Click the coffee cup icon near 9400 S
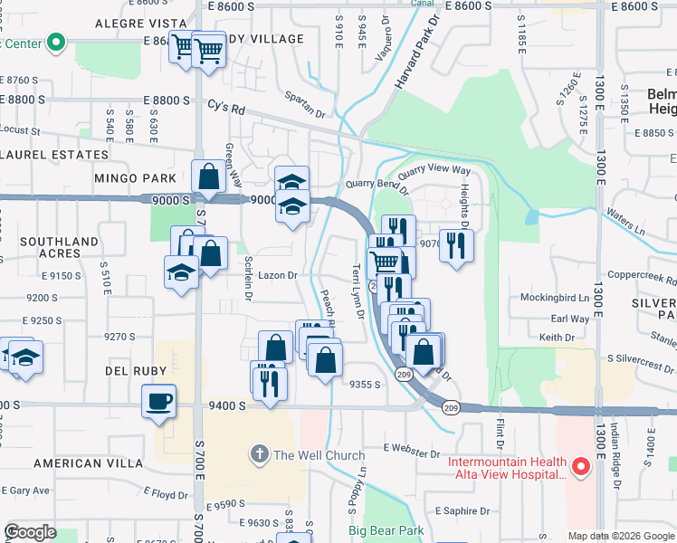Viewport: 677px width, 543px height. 159,400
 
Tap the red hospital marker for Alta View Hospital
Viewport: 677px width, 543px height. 582,468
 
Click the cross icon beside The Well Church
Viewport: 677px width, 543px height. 260,455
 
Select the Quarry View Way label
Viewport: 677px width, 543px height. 435,169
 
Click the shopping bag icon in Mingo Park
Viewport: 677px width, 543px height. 208,176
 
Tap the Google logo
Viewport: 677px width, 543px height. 30,532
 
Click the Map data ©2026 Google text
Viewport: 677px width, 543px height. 621,536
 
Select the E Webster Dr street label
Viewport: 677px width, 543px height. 411,448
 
